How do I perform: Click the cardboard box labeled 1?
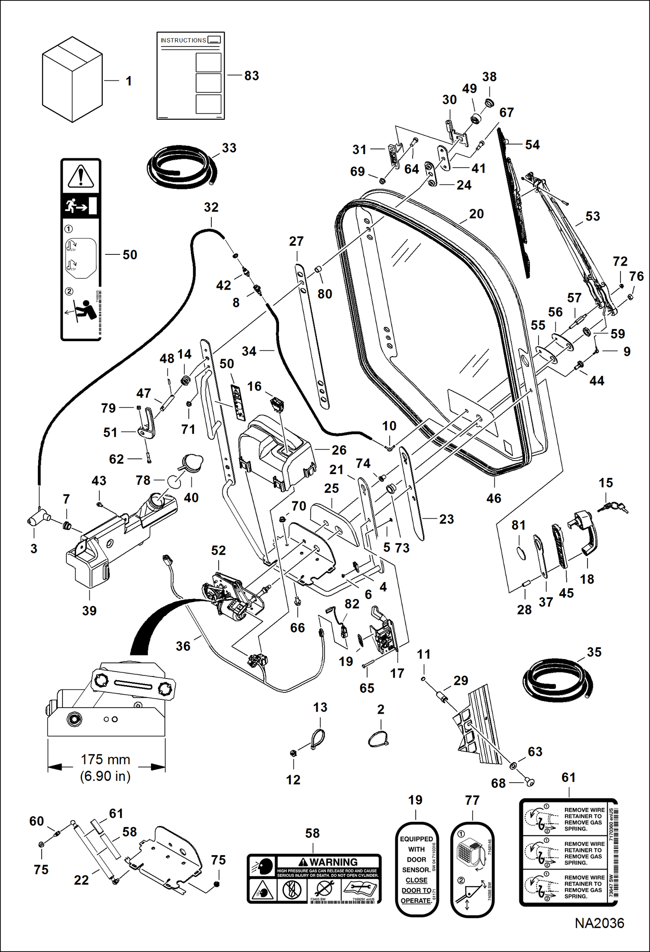tap(72, 80)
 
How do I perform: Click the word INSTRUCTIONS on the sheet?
tap(183, 40)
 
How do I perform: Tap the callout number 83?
tap(252, 76)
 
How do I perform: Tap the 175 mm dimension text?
tap(105, 759)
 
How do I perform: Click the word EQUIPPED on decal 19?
tap(416, 839)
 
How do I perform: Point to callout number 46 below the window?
tap(494, 498)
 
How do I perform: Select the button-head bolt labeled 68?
tap(530, 782)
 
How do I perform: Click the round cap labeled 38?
tap(489, 103)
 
